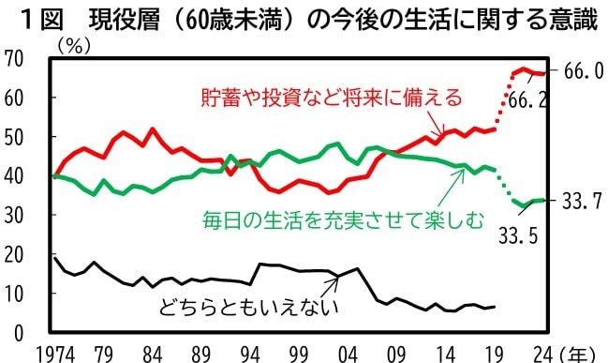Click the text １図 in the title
click(x=38, y=17)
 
